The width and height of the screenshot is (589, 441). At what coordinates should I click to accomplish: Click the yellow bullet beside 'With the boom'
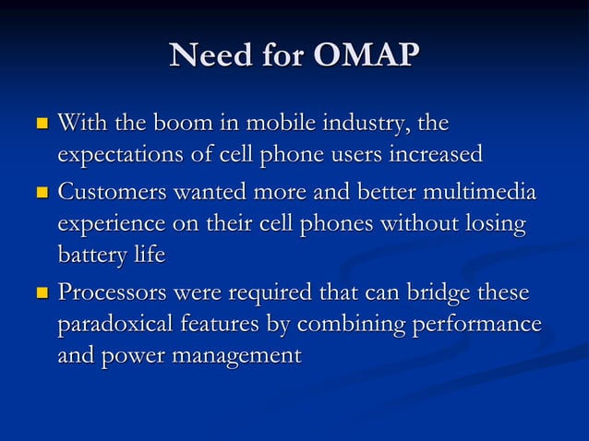(x=40, y=124)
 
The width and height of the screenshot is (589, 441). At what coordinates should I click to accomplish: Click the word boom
(x=183, y=122)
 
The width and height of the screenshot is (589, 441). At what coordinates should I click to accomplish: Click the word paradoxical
(x=119, y=325)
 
